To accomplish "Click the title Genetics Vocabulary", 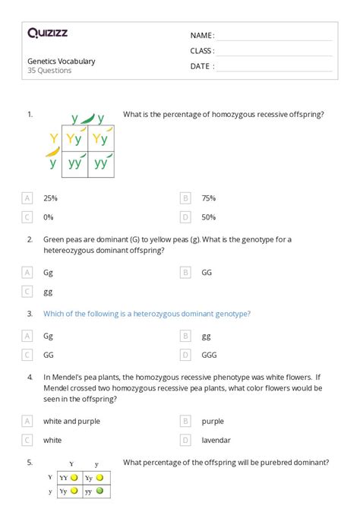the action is point(62,61).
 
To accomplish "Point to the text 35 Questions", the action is point(49,71).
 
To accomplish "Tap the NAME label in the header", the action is point(202,36).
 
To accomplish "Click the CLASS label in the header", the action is point(202,51).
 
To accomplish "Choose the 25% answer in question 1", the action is point(50,198).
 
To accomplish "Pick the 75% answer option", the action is point(208,198).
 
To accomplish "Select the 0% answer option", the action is point(49,217).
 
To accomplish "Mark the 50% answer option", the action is point(208,217).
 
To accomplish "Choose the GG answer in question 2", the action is point(207,271).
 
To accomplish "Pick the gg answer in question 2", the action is point(48,291).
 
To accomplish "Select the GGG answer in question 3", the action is point(210,354).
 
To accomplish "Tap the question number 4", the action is point(30,376).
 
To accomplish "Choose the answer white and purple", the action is point(71,420).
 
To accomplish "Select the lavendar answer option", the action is point(216,439).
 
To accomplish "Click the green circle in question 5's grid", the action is point(99,492).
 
